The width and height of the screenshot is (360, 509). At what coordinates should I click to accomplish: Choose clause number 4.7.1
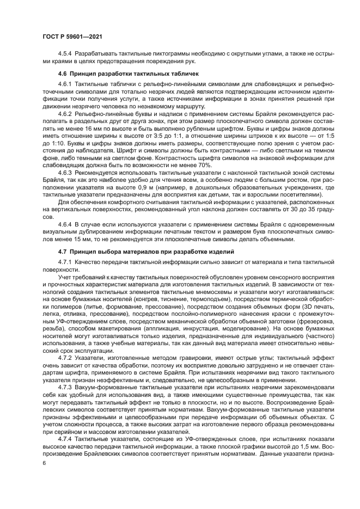[x=65, y=261]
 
